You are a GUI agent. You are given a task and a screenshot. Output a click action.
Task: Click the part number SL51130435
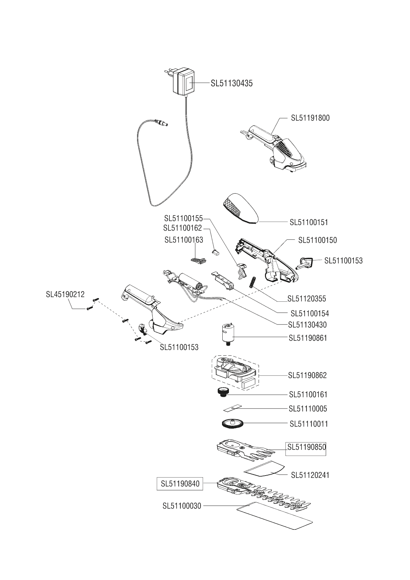pos(232,83)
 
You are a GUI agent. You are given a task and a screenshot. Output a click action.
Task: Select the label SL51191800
pos(310,118)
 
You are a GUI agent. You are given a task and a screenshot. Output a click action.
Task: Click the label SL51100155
pos(183,218)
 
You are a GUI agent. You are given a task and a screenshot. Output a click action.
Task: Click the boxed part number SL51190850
pos(306,447)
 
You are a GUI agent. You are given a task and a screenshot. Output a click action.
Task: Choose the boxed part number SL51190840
pos(180,484)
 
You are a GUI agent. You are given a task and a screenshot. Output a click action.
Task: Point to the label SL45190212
pos(65,294)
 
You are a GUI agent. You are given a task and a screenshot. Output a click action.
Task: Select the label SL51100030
pos(182,506)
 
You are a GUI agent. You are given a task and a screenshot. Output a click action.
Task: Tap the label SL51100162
pos(182,228)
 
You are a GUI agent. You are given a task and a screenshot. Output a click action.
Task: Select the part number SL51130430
pos(307,325)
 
